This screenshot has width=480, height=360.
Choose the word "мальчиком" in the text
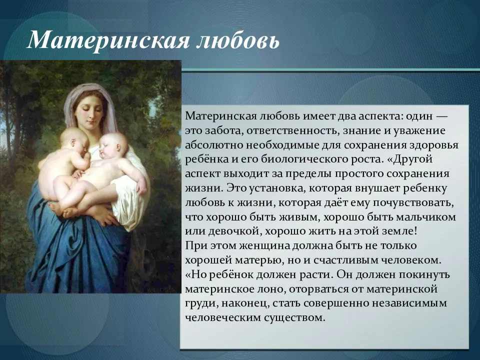pos(428,217)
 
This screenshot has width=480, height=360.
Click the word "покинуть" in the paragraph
pos(428,275)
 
